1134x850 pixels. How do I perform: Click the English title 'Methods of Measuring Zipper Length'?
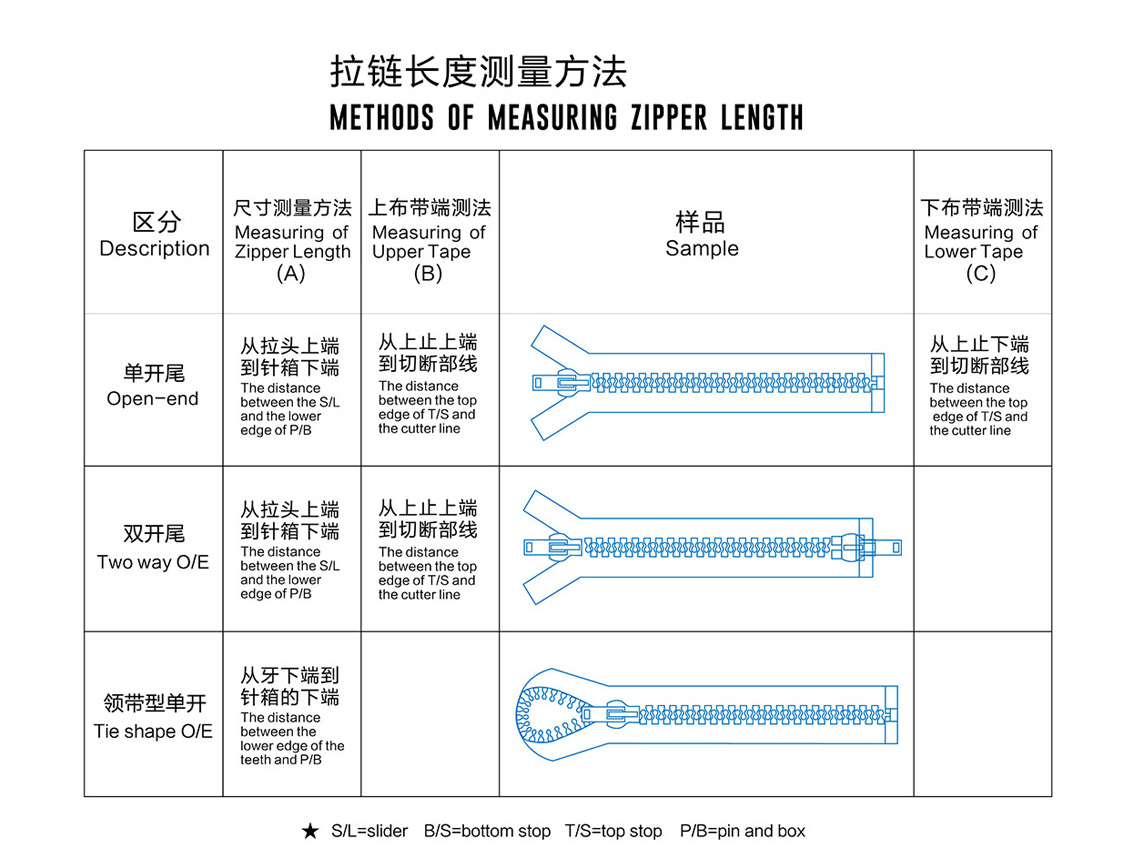click(566, 117)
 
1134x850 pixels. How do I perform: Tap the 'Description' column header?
click(154, 248)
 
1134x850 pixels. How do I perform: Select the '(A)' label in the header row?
click(291, 273)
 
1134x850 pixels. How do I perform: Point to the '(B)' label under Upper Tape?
click(428, 273)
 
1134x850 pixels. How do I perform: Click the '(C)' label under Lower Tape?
click(981, 273)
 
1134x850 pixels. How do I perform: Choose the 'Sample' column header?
click(702, 248)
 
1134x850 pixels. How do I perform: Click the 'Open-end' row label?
click(153, 399)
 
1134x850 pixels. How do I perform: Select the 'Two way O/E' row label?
click(153, 562)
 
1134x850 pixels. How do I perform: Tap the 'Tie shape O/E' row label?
click(153, 731)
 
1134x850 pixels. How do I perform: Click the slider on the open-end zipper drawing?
click(563, 383)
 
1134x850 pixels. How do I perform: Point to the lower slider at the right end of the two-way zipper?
click(864, 548)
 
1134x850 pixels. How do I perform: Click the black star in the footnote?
click(310, 831)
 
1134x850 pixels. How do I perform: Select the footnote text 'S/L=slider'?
click(370, 831)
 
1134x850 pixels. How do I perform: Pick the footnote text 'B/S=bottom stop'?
click(487, 831)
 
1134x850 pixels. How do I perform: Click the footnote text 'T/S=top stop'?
click(613, 831)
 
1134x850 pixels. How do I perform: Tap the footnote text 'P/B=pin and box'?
click(743, 831)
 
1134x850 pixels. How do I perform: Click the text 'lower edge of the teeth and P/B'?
click(292, 752)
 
